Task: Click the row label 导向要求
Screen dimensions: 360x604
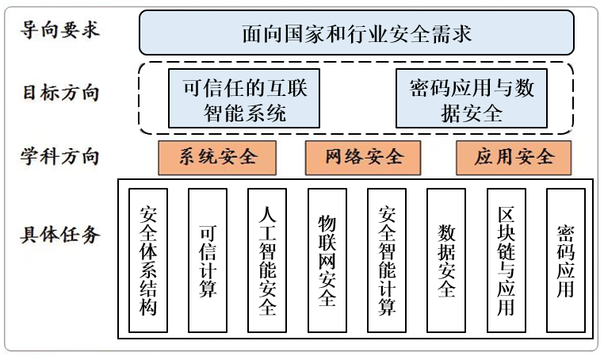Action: click(x=60, y=32)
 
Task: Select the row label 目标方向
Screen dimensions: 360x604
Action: click(x=60, y=92)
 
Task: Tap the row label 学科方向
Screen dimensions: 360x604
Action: click(x=60, y=156)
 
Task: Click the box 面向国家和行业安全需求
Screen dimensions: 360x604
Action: click(x=357, y=33)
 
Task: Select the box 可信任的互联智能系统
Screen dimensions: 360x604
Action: click(x=244, y=99)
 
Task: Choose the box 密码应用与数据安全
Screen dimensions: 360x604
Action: click(x=472, y=99)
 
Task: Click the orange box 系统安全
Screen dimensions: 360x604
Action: click(x=217, y=157)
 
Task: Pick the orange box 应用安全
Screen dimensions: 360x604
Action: click(x=514, y=157)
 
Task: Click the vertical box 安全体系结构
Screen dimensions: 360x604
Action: click(x=148, y=260)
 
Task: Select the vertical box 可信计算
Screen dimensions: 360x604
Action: click(x=208, y=260)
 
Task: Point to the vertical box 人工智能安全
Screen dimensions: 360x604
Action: click(x=267, y=260)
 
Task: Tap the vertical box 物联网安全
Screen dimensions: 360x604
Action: click(x=327, y=260)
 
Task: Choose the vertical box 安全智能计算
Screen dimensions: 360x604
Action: click(x=387, y=260)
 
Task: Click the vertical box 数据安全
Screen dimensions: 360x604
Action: click(x=446, y=260)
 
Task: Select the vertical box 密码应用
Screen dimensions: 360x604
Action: click(x=566, y=260)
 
